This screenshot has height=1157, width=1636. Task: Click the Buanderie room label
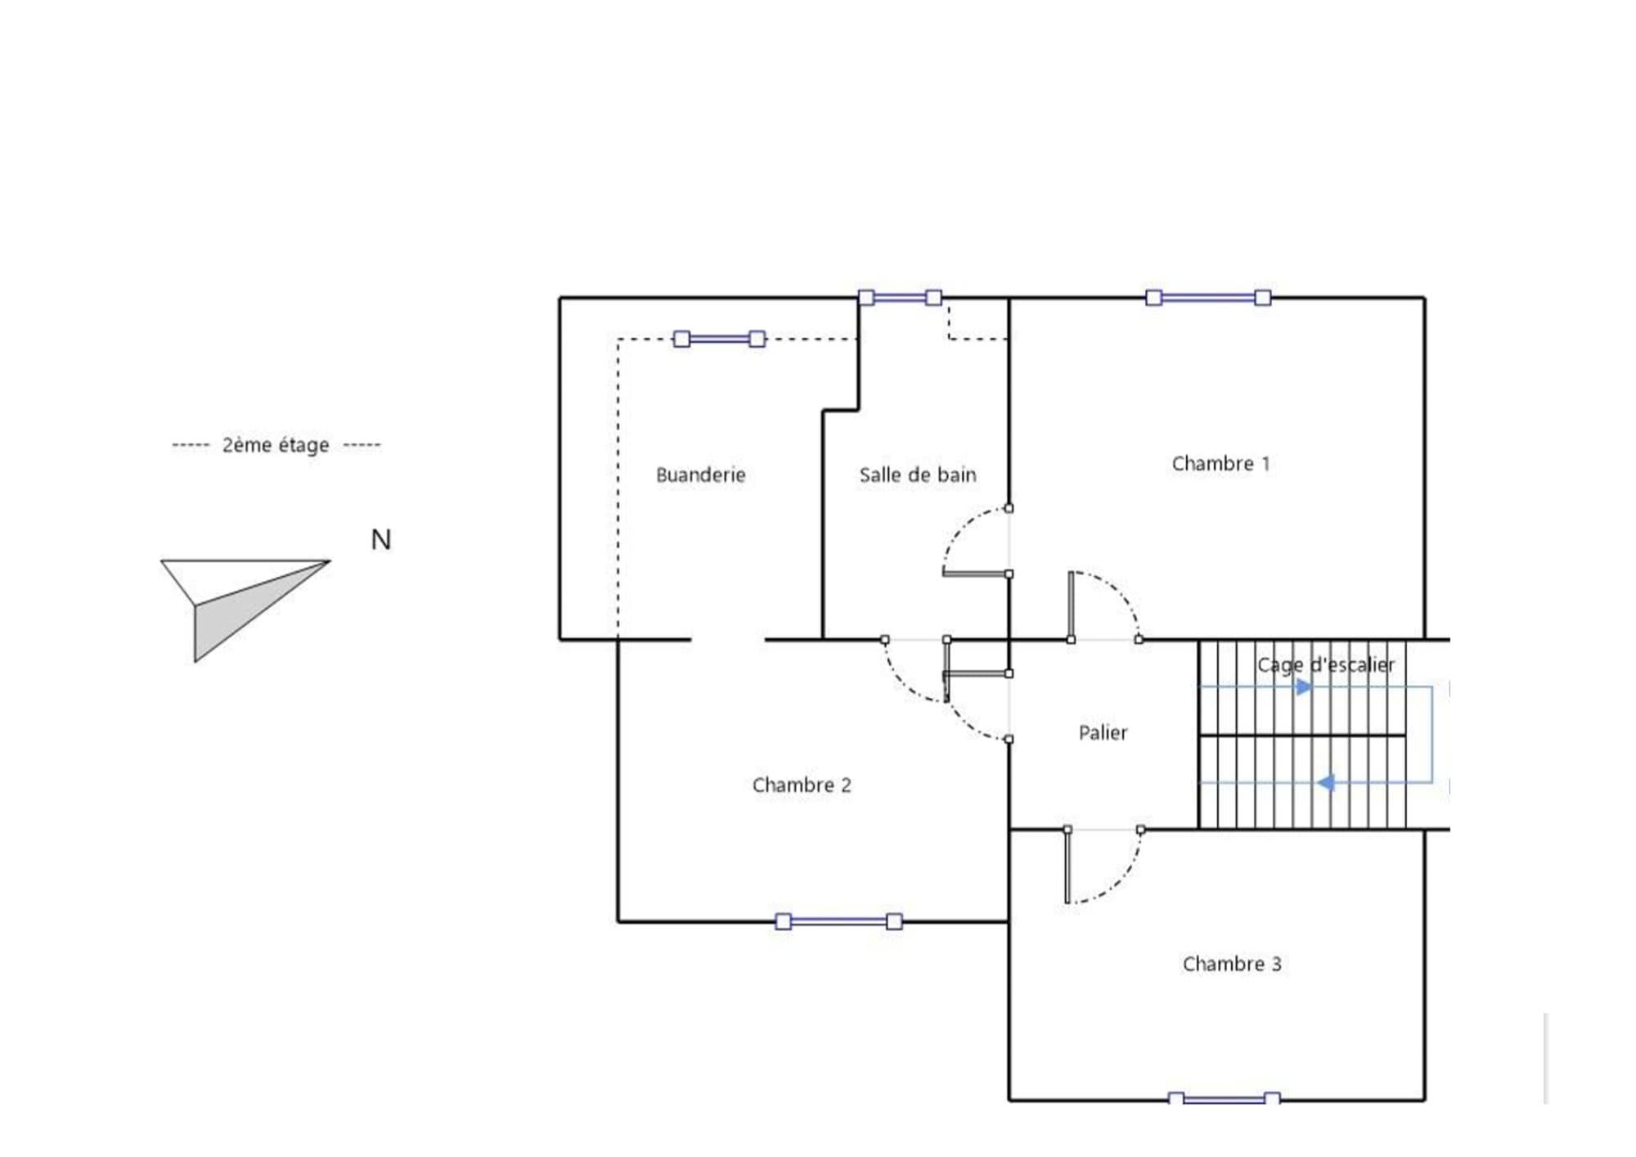tap(700, 475)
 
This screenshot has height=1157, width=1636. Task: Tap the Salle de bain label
tap(918, 475)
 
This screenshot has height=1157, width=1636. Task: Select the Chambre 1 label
tap(1220, 463)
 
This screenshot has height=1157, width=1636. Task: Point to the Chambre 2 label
tap(802, 785)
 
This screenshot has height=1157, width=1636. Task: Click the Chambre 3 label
tap(1232, 964)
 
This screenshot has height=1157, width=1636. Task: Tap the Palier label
tap(1103, 732)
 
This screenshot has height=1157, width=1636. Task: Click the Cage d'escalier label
tap(1326, 665)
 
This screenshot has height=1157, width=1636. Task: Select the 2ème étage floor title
tap(276, 444)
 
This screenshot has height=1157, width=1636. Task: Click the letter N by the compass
tap(381, 539)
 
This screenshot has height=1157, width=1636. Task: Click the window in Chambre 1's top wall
tap(1208, 298)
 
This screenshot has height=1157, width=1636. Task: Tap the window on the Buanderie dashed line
tap(719, 339)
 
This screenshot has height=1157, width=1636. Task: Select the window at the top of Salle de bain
tap(900, 298)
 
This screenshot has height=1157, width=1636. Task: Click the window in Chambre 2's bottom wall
tap(838, 921)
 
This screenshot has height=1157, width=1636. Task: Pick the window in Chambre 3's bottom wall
tap(1224, 1098)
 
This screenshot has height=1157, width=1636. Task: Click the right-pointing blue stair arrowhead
tap(1305, 687)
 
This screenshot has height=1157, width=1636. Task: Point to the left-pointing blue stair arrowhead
tap(1326, 783)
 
